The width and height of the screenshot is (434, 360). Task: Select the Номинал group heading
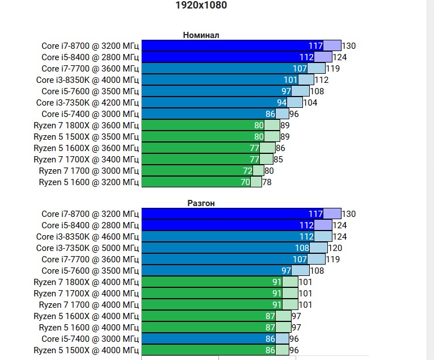(201, 35)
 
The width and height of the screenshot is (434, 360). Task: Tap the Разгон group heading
(201, 203)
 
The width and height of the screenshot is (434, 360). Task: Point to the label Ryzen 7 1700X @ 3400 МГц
(86, 159)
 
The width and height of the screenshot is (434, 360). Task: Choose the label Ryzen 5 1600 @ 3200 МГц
(89, 182)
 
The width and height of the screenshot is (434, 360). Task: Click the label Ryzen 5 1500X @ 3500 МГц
(86, 136)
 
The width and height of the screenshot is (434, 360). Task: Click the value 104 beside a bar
(310, 103)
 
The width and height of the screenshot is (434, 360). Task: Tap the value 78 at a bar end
(267, 182)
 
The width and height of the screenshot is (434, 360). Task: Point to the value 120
(335, 248)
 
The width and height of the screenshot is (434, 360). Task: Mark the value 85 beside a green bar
(278, 160)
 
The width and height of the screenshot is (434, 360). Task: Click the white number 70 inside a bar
(245, 182)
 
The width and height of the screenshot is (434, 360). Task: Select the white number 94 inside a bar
(281, 103)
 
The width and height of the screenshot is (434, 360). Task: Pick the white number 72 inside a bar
(247, 171)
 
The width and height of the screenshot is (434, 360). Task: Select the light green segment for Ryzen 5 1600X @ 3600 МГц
(267, 148)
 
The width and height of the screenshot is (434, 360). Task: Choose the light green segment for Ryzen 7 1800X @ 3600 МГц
(272, 125)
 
